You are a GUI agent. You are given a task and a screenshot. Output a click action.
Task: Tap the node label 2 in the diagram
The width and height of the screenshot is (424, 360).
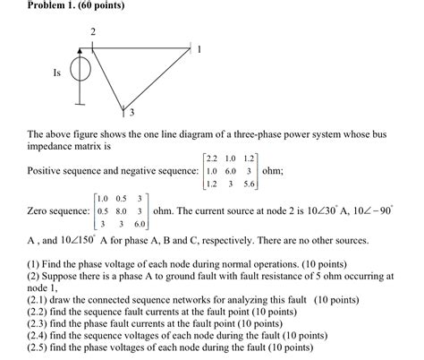tap(92, 33)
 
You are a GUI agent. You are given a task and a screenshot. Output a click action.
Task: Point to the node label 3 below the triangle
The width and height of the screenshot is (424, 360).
tap(131, 114)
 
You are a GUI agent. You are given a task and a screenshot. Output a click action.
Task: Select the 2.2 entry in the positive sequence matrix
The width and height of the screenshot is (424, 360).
tap(211, 158)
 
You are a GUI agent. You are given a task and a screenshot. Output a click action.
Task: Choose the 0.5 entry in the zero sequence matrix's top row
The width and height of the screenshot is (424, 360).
tap(120, 199)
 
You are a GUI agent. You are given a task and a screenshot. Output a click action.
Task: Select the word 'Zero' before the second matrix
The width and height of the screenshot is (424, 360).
tap(39, 213)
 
